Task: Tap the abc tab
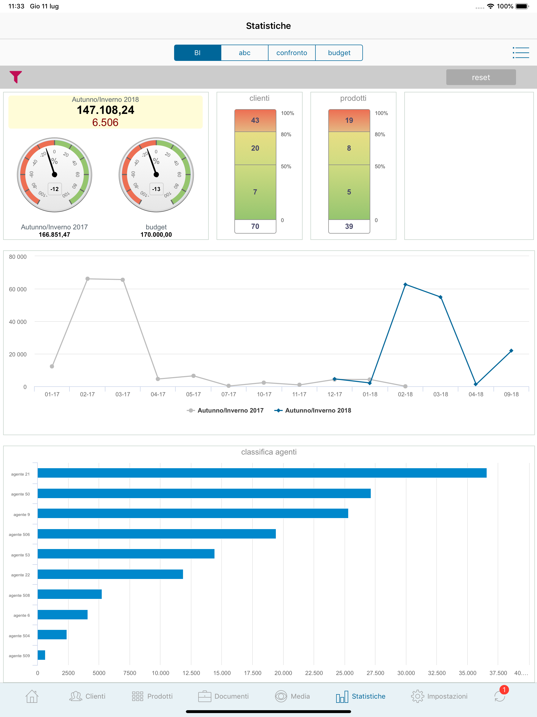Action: pos(245,53)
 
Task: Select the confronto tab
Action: pos(292,53)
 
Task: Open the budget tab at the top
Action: pos(339,53)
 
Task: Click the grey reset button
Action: pos(481,77)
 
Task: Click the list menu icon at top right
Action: pos(520,52)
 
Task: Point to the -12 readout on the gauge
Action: pos(55,189)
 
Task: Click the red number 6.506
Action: pos(105,123)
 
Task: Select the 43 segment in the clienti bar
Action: pos(255,120)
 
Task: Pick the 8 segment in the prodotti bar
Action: pos(349,148)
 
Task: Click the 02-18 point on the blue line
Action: pos(405,284)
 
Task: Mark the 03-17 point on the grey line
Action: pos(123,280)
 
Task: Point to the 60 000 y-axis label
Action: pos(18,289)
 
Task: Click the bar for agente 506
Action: pos(157,534)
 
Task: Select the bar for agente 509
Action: pos(41,655)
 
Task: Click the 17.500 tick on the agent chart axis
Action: pos(253,673)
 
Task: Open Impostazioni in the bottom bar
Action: pos(439,696)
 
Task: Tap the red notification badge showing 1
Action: pos(504,690)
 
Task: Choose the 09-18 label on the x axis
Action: pos(511,394)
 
